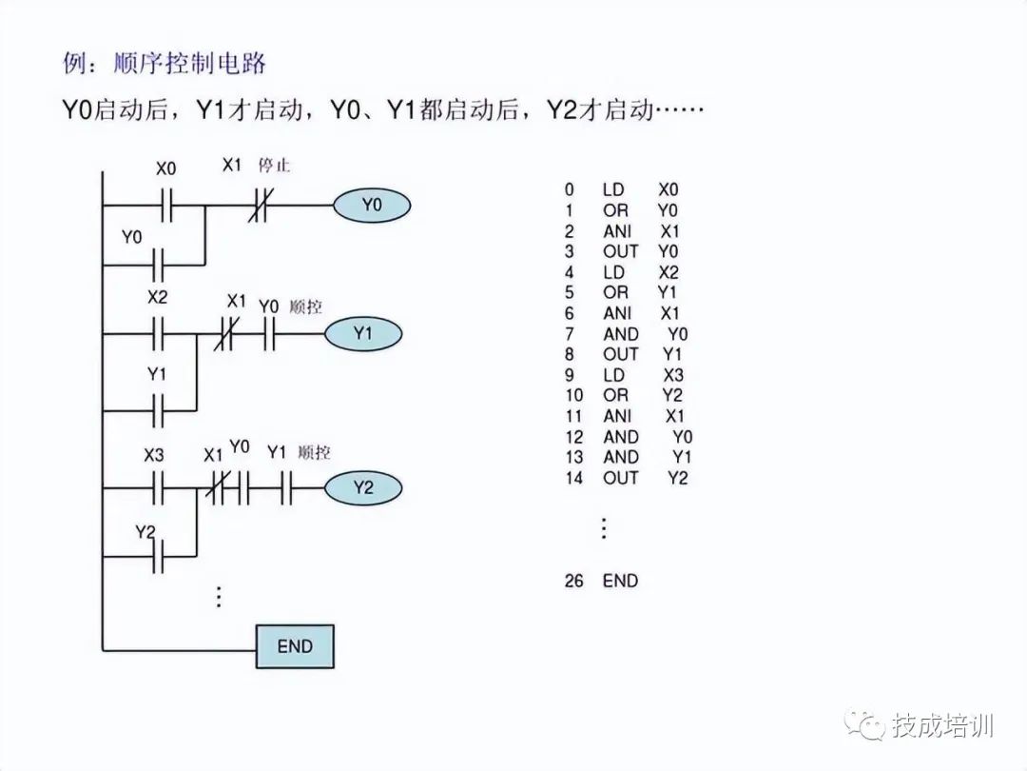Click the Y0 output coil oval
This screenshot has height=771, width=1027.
[371, 205]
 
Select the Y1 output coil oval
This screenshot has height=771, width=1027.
[363, 334]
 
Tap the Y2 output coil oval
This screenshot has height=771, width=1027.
[363, 488]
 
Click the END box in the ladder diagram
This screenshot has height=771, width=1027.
[295, 646]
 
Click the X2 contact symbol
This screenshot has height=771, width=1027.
[158, 334]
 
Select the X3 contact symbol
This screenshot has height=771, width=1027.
[158, 488]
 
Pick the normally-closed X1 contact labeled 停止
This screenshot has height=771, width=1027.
[259, 205]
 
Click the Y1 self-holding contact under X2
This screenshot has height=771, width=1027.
[158, 409]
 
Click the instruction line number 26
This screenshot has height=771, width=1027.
[573, 580]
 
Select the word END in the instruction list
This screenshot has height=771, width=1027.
[620, 580]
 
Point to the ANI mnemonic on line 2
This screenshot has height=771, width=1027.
[616, 231]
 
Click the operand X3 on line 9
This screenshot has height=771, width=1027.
[673, 375]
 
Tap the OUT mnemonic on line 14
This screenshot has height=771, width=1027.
[620, 478]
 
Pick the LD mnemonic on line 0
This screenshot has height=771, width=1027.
[613, 190]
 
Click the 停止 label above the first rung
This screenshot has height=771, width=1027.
[274, 166]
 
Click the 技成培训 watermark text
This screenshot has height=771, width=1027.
[942, 726]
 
